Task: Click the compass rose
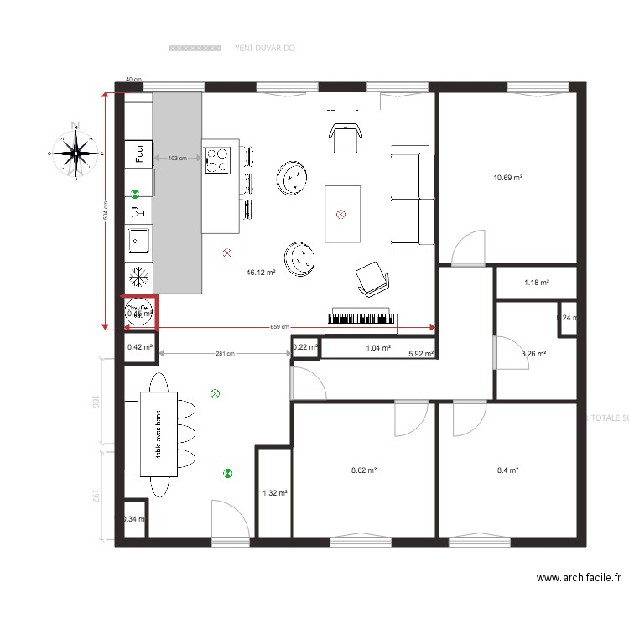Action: point(76,153)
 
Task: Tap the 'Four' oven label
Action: point(139,153)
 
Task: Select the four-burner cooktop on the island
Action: point(218,159)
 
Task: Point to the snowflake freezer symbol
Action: point(139,276)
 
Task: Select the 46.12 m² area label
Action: point(261,273)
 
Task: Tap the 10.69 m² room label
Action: point(508,178)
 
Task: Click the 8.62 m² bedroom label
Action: point(363,471)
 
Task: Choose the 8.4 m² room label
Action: point(507,471)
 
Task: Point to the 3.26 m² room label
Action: point(533,354)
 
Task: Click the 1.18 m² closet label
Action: point(536,283)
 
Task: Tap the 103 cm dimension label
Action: point(177,158)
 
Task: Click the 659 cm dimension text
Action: point(279,327)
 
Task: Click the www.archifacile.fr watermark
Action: point(579,578)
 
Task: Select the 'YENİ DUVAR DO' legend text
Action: point(264,49)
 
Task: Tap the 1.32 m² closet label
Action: point(274,493)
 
